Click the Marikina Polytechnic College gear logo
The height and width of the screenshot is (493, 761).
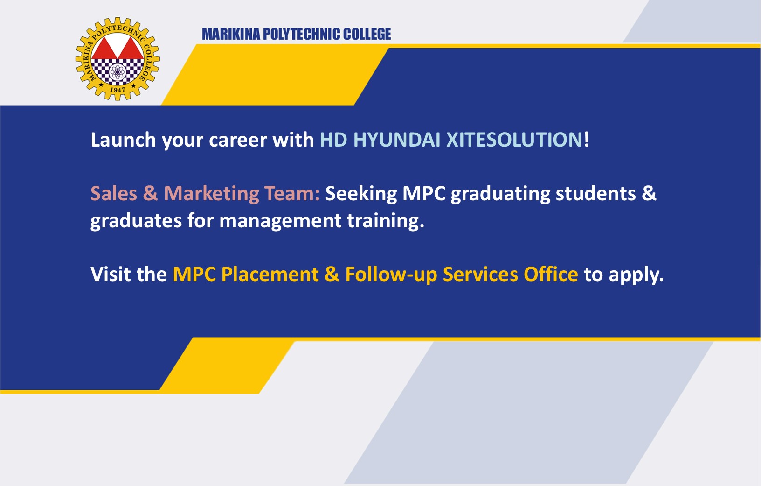[118, 58]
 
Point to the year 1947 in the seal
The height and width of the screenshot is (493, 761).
[117, 90]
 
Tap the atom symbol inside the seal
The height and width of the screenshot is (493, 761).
[118, 72]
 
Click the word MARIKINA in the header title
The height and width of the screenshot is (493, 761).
[231, 34]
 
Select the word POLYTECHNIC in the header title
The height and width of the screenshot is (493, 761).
[302, 34]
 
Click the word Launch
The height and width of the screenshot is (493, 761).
[123, 140]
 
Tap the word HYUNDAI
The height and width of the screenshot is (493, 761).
[397, 140]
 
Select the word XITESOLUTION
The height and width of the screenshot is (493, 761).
[514, 140]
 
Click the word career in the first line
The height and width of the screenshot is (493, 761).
[238, 140]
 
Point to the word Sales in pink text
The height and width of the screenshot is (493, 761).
[114, 193]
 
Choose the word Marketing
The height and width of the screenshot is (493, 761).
[211, 194]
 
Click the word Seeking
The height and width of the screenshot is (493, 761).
[361, 194]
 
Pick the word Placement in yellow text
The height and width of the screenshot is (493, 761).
[270, 274]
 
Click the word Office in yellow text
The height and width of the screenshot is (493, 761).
[551, 274]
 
